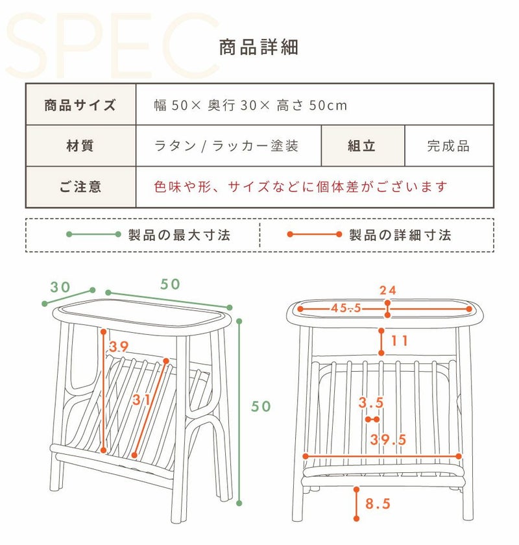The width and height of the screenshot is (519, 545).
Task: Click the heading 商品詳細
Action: pos(259,47)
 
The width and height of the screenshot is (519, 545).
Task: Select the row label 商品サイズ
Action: pos(80,105)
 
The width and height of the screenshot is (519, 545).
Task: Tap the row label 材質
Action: pos(80,145)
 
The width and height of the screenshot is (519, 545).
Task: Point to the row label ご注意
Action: pos(80,187)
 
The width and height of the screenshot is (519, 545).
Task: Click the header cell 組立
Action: pos(361,145)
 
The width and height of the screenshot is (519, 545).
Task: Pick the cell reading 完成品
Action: pos(448,146)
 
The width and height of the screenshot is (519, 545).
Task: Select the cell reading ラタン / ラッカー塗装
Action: pos(226,145)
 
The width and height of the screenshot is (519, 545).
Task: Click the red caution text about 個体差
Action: pos(300,187)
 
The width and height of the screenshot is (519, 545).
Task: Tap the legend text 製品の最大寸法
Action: pos(179,235)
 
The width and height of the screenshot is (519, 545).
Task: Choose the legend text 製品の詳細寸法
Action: pos(400,235)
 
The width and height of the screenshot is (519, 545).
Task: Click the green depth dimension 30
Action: pos(60,287)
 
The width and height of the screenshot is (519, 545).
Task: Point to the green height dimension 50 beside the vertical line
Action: pos(261,406)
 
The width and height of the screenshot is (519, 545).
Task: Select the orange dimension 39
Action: pos(119,346)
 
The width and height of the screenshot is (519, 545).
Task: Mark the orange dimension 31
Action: pos(141,400)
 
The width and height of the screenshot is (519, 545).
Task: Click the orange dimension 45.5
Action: pos(346,308)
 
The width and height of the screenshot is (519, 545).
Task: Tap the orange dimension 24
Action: pos(388,290)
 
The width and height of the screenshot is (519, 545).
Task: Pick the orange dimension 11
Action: pos(400,341)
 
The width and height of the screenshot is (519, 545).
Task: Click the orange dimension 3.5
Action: pos(371,402)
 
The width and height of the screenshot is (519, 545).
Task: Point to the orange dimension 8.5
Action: pos(378,503)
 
